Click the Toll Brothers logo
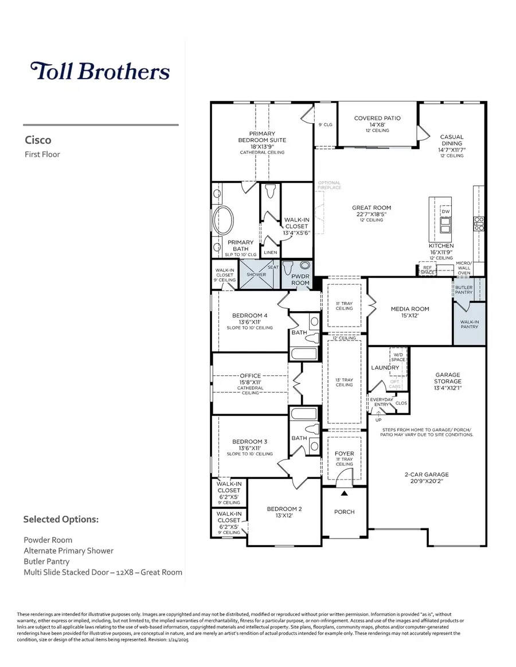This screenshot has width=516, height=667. tap(100, 71)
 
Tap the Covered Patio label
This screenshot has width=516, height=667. tap(377, 119)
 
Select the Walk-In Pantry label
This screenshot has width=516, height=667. tap(469, 324)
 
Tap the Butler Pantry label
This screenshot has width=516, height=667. tap(464, 290)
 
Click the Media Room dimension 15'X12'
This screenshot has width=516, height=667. tap(410, 316)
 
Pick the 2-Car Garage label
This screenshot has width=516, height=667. tap(425, 474)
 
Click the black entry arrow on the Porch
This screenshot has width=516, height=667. tap(345, 493)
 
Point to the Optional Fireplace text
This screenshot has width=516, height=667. tap(329, 185)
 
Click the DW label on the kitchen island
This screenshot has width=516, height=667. tap(445, 211)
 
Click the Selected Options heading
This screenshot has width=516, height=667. tap(61, 520)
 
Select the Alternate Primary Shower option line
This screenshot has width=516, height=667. tap(68, 551)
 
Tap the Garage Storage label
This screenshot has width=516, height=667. tap(447, 378)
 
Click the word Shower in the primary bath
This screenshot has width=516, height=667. tap(256, 274)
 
